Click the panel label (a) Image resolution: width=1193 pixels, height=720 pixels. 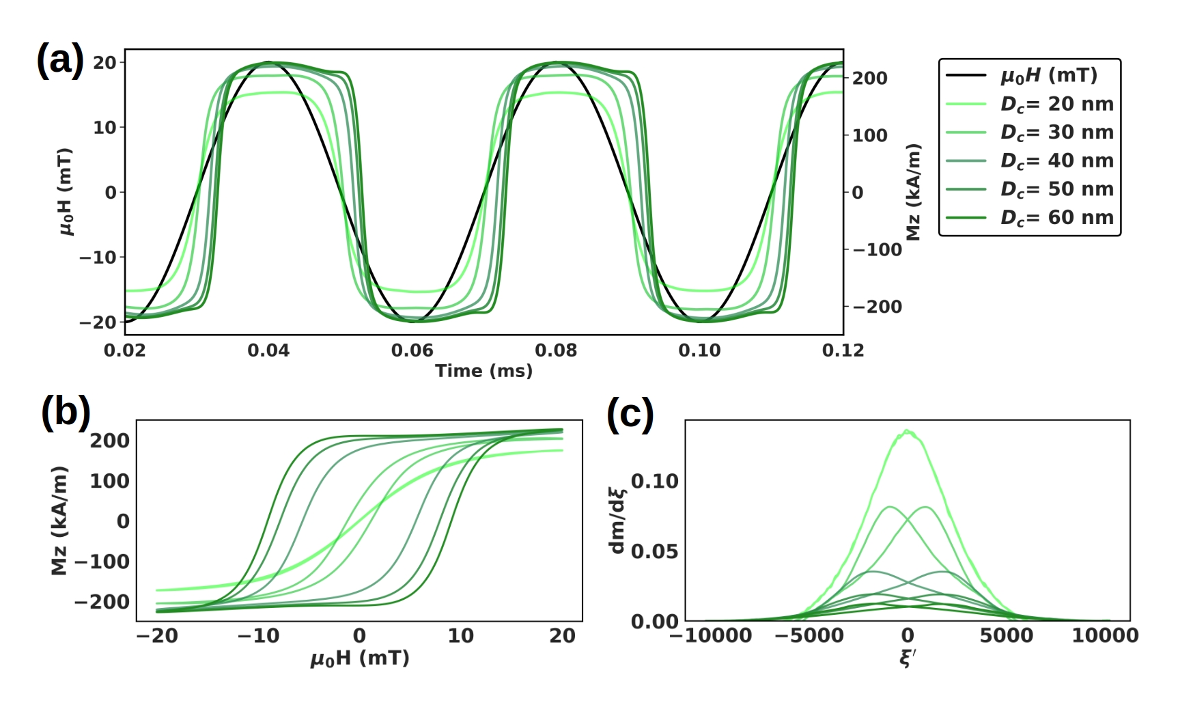click(x=60, y=60)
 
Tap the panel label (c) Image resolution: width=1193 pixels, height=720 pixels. click(x=630, y=414)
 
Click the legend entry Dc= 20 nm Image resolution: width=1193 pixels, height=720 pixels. click(x=1056, y=104)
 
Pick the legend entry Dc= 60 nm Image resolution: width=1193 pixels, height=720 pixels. click(x=1056, y=217)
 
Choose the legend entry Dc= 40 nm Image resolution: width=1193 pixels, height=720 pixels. click(x=1056, y=161)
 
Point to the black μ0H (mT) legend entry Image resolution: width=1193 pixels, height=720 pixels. click(x=1048, y=75)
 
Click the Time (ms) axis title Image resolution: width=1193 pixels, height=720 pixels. click(x=483, y=371)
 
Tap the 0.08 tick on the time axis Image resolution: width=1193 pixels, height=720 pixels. click(x=556, y=350)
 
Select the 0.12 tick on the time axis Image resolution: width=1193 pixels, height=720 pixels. click(x=843, y=350)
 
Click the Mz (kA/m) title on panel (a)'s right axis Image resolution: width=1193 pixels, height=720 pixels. click(x=914, y=192)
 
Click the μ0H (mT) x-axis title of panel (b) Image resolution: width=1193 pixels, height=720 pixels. click(x=360, y=659)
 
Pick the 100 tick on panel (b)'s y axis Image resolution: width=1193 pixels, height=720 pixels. click(x=109, y=481)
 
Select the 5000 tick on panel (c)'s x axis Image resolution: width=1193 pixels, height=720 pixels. click(x=1006, y=636)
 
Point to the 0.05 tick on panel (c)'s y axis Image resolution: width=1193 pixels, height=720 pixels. click(x=655, y=551)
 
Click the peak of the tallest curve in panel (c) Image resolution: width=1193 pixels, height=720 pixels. click(x=907, y=430)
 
